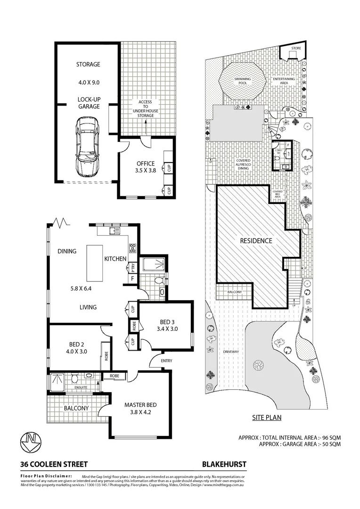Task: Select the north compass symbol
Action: [x=31, y=440]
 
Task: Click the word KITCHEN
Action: [x=115, y=259]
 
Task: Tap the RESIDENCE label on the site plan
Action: [x=256, y=241]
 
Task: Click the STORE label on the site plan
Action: [x=296, y=48]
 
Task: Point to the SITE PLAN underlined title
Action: [x=266, y=418]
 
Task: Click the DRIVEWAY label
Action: [x=231, y=352]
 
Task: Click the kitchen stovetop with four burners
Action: [x=132, y=246]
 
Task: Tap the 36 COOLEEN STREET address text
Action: [x=47, y=464]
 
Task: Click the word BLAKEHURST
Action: [x=224, y=464]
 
